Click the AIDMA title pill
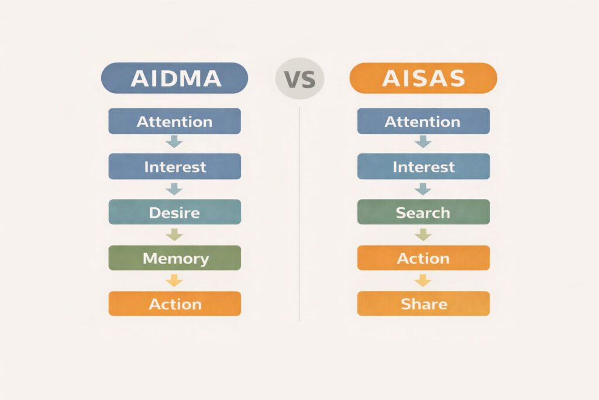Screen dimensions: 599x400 tap(174, 78)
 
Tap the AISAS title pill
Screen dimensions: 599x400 tap(424, 78)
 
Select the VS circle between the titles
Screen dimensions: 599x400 tap(300, 79)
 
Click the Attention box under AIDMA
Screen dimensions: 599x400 tap(174, 121)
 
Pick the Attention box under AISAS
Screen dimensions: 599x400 tap(424, 121)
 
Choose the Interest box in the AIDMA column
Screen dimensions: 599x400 tap(174, 166)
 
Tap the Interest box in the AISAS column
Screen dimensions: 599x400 tap(424, 166)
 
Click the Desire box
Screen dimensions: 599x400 tap(174, 212)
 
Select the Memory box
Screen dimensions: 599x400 tap(174, 258)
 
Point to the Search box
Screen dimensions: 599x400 tap(424, 212)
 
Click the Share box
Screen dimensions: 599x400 tap(424, 303)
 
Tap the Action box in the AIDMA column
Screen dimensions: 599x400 tap(174, 303)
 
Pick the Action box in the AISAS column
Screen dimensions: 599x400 tap(424, 258)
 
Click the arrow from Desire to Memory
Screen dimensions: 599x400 tap(174, 234)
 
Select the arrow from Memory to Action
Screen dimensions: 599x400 tap(174, 281)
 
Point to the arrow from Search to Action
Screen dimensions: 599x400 tap(423, 234)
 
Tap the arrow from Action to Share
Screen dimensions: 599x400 tap(423, 281)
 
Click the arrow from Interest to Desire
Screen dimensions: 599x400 tap(174, 189)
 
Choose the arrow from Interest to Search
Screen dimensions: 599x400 tap(423, 189)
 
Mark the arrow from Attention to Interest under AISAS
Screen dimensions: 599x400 tap(423, 142)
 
